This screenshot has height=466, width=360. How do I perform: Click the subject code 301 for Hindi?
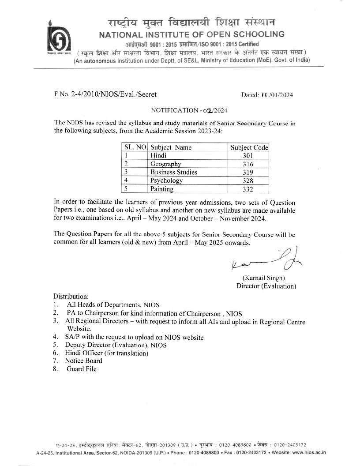(x=248, y=156)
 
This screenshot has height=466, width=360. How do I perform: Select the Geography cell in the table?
(x=165, y=164)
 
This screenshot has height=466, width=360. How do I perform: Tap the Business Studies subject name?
(x=173, y=172)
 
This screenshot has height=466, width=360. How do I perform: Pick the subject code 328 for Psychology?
(x=248, y=180)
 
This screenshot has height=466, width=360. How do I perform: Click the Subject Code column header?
(x=249, y=148)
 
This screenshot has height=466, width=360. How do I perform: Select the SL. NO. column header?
(x=135, y=148)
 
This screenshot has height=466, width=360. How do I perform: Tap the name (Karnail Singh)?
(x=264, y=278)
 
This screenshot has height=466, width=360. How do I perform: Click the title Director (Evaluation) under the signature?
(x=266, y=286)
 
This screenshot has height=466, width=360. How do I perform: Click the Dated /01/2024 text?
(x=267, y=94)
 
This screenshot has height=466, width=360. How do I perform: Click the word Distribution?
(x=71, y=296)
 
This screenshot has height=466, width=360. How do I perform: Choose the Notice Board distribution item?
(x=83, y=361)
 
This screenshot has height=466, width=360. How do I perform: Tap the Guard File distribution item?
(x=82, y=369)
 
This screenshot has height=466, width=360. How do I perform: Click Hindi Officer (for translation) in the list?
(x=107, y=353)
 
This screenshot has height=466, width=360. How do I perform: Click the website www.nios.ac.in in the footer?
(x=309, y=452)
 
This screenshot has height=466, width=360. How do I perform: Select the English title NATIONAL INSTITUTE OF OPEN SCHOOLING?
(x=191, y=34)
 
